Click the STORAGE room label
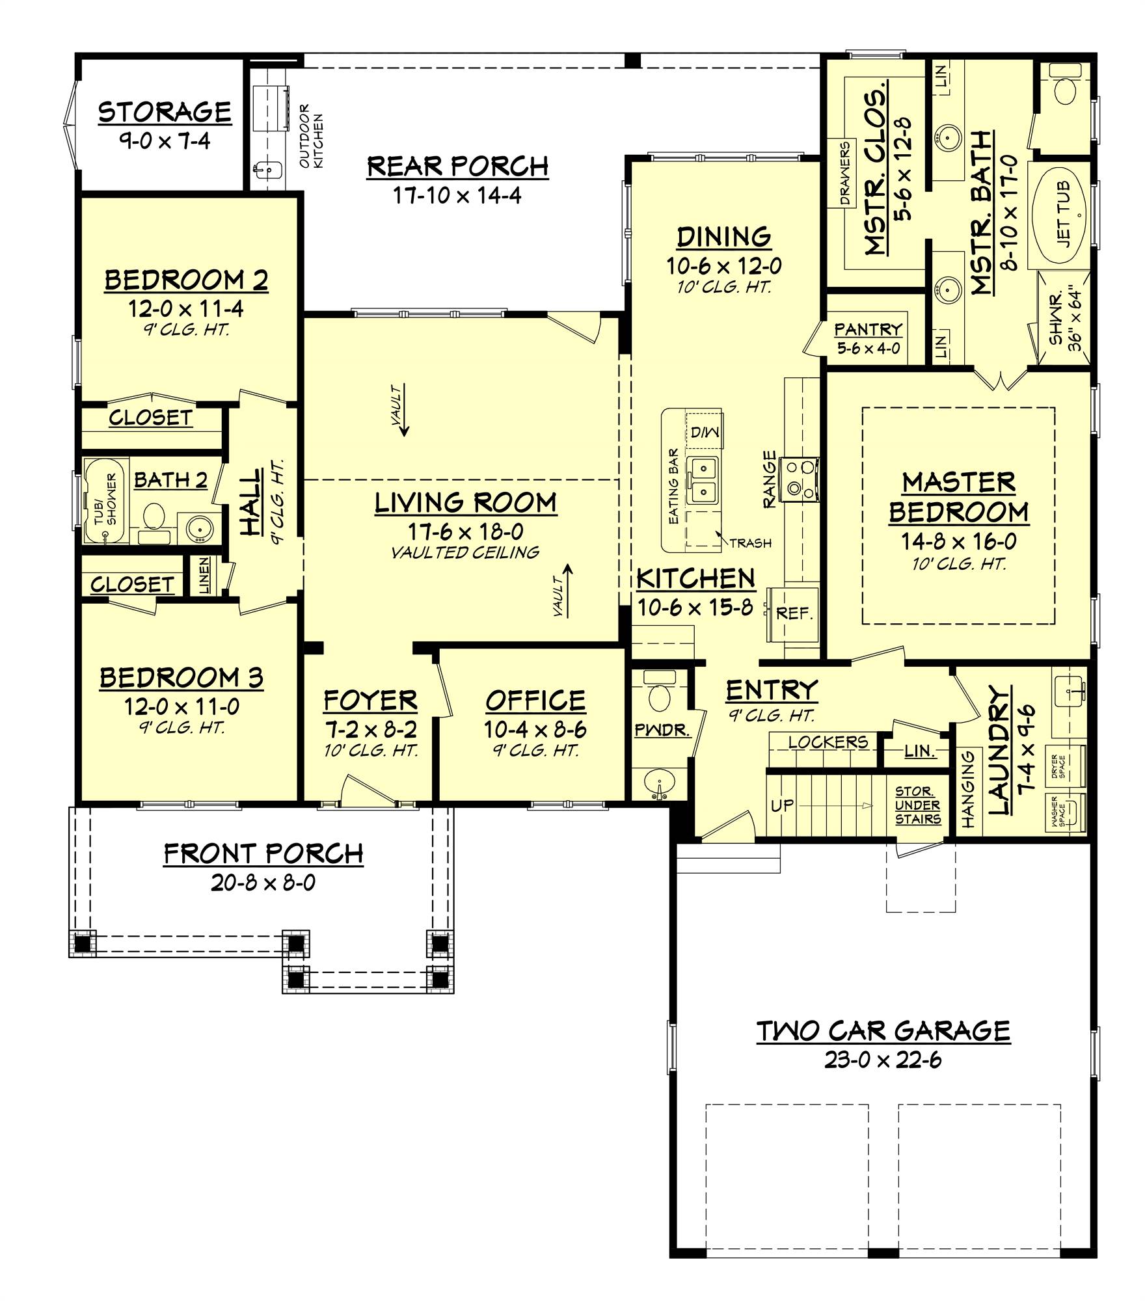tap(165, 112)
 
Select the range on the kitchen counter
tap(801, 479)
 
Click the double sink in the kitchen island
tap(704, 479)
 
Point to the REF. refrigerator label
tap(794, 613)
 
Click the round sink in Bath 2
tap(196, 528)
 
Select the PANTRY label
tap(869, 329)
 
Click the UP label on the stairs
tap(782, 805)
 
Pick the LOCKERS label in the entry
tap(828, 742)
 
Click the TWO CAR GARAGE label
tap(883, 1031)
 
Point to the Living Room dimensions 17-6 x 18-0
tap(466, 531)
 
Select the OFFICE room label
tap(535, 701)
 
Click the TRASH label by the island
tap(750, 543)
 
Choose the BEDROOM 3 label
tap(182, 678)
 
